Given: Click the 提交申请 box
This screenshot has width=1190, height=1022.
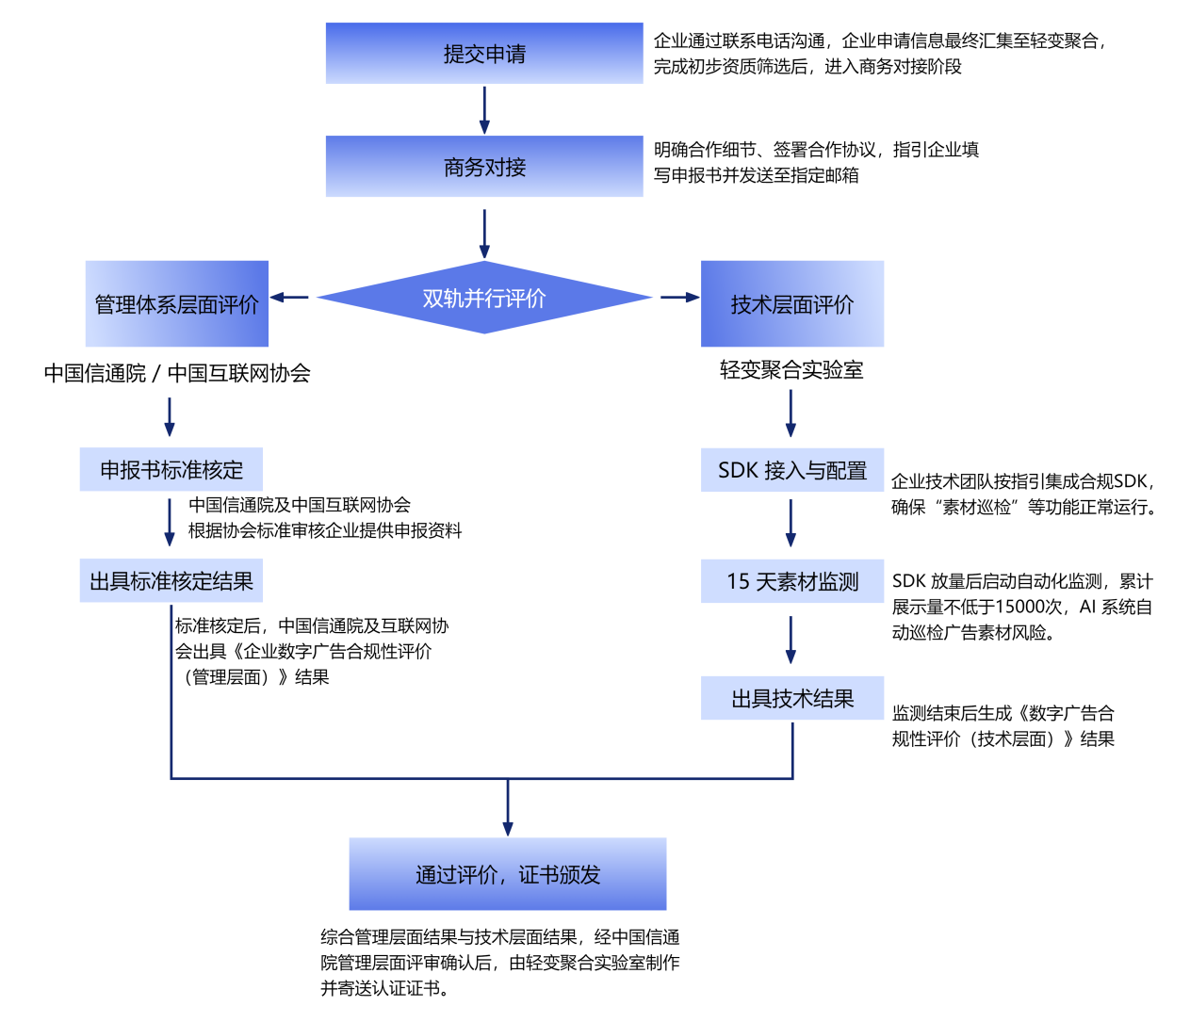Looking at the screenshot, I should coord(484,54).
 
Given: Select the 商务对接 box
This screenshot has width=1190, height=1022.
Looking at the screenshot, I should coord(484,167).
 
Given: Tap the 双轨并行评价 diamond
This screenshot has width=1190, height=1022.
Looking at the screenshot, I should coord(484,298).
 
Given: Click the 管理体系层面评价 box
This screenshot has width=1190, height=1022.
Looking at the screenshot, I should coord(177,303).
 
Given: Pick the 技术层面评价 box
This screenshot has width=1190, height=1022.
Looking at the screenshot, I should coord(791,303).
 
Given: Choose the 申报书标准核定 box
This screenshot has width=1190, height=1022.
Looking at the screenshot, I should coord(171,469).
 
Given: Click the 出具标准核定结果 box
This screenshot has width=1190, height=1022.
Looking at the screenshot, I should coord(171,581).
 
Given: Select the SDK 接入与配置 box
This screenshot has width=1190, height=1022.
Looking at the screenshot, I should coord(791,470).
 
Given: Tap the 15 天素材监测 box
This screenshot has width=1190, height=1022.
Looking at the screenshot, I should coord(791,581).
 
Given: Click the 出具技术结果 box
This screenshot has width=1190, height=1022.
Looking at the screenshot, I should coord(791,698).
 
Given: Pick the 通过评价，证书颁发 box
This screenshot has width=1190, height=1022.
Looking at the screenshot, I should coord(508,874).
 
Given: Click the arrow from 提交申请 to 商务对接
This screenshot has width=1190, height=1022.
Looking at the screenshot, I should coord(484,110).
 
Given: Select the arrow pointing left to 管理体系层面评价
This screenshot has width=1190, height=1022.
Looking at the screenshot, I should coord(290,298).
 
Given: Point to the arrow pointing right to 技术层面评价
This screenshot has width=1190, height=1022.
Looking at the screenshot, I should coord(678,298).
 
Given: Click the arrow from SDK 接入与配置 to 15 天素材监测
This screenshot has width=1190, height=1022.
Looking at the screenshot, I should coord(791,523).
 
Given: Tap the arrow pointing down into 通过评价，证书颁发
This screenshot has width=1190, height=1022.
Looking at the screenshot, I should coord(508,808).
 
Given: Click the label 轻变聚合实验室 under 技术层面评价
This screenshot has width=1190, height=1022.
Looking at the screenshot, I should coord(791,370).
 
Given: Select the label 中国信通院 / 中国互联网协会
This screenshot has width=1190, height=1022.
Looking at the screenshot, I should coord(177,373).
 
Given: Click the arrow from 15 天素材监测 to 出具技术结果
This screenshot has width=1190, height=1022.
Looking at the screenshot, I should coord(791,640).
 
